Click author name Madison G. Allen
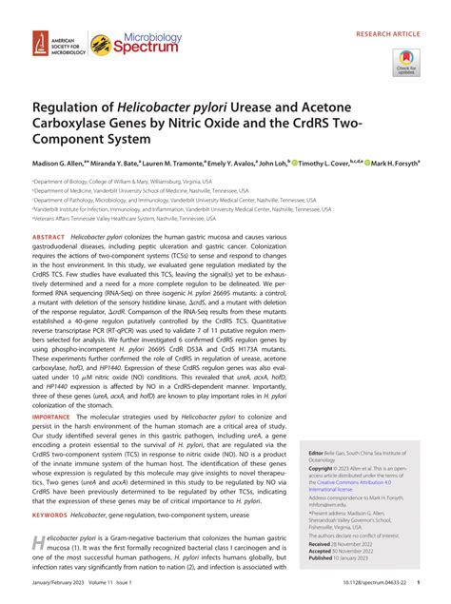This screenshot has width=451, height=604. tap(61, 162)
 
